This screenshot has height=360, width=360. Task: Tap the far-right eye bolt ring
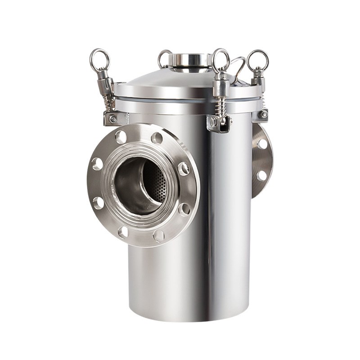click(x=258, y=58)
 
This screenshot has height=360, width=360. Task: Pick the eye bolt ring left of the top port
click(x=165, y=58)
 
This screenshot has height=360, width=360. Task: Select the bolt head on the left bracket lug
click(x=112, y=119)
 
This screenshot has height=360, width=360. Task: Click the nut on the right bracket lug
click(x=263, y=114)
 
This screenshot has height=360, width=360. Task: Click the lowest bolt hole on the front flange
click(x=158, y=236)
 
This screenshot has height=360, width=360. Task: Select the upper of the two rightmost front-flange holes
click(x=184, y=169)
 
